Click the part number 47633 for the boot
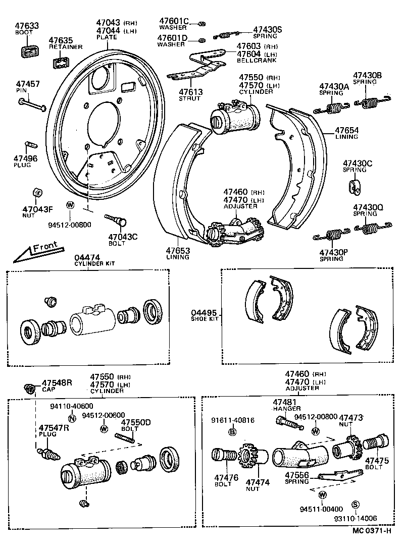tap(26, 25)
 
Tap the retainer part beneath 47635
tap(61, 63)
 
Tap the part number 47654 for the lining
tap(348, 130)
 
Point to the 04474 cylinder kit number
tap(87, 257)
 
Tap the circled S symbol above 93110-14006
tap(355, 505)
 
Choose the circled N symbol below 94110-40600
tap(71, 417)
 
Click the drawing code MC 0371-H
tap(372, 530)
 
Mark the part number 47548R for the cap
tap(57, 383)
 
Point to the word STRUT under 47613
tap(190, 98)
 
